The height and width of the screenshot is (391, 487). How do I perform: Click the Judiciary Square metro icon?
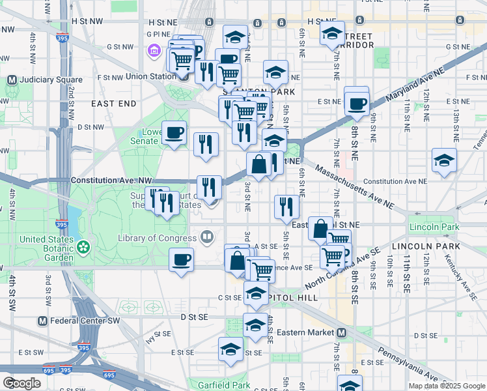click(x=11, y=80)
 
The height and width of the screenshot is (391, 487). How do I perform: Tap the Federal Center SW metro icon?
click(x=42, y=321)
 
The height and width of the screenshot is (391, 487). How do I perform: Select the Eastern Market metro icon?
click(x=341, y=332)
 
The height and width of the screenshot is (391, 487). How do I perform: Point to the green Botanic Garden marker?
click(x=83, y=247)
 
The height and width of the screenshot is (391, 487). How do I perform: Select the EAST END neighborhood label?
click(x=114, y=104)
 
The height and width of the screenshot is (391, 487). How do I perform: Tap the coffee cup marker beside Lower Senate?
click(x=174, y=134)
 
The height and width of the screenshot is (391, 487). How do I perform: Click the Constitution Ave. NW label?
click(x=111, y=180)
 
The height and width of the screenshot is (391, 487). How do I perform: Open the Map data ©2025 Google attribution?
click(x=446, y=385)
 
